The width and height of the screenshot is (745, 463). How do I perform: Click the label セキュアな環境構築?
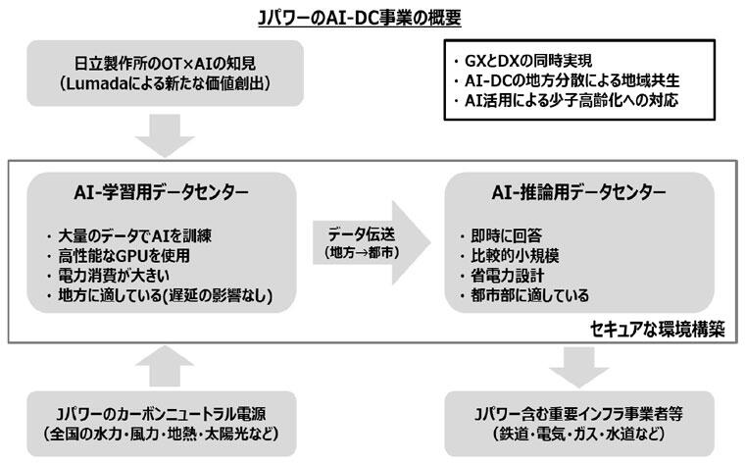click(658, 330)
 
